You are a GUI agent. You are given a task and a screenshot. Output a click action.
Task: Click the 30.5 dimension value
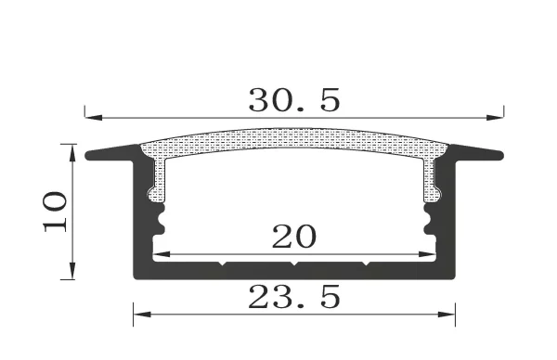point(293,98)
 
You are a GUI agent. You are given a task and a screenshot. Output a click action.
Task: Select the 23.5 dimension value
point(294,297)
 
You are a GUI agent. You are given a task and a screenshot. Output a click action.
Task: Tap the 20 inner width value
point(293,238)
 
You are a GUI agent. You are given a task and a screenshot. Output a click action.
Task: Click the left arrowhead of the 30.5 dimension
point(91,118)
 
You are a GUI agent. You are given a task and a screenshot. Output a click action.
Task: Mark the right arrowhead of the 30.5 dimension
point(487,118)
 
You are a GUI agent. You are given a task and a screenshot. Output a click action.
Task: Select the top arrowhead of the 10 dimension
point(71,149)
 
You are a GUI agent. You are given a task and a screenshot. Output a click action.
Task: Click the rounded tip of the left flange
point(90,155)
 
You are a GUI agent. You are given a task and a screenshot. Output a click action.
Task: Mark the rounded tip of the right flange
point(499,155)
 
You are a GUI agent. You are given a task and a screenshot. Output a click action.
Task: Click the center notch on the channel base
point(293,264)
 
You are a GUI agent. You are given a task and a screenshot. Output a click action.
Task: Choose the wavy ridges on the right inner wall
point(429,223)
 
